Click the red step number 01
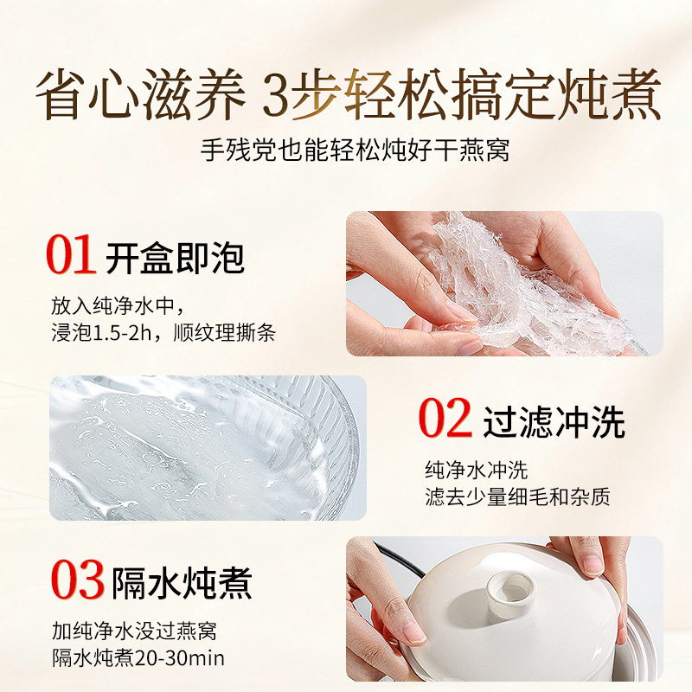(x=71, y=257)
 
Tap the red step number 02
(x=445, y=420)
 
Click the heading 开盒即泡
(x=175, y=258)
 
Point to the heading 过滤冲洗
(x=554, y=421)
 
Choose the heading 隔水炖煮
(x=182, y=582)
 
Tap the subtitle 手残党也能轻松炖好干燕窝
(x=346, y=150)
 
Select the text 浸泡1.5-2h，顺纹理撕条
(x=163, y=333)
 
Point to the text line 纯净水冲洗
(x=476, y=471)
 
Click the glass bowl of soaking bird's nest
(x=203, y=447)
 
